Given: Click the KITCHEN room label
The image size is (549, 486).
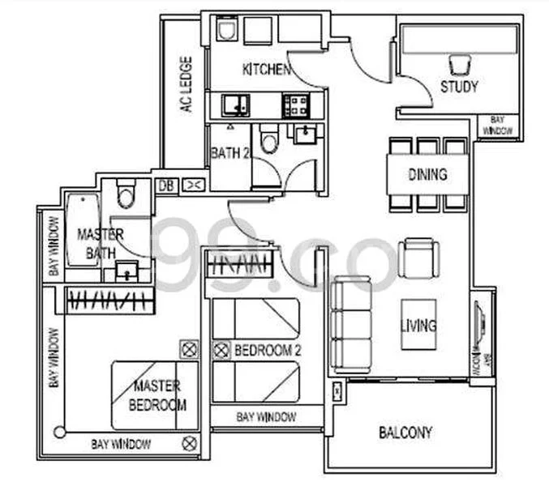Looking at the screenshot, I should coord(266,70).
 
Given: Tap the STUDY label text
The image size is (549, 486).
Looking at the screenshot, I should coord(459,87).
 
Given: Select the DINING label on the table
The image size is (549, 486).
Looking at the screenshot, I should coord(427,174).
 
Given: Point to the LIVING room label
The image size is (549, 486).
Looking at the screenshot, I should coord(418,326).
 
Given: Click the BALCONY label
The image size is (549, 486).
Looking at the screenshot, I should coord(405,432).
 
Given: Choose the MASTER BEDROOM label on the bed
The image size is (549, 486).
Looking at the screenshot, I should coord(157,395).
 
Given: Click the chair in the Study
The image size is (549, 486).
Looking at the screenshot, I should coord(459,63).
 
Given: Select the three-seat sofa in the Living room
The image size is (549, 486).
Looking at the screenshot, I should coord(350,323).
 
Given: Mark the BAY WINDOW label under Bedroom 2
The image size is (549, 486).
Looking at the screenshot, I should coord(266,417).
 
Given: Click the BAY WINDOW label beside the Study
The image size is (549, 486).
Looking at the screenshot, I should coord(495,125).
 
